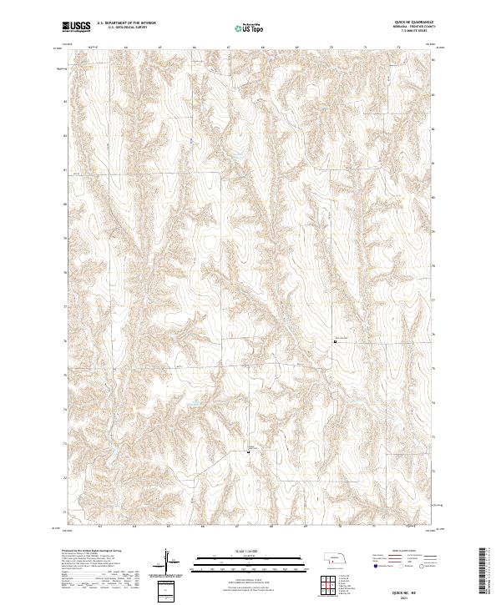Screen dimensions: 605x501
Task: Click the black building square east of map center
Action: (x=337, y=340)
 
